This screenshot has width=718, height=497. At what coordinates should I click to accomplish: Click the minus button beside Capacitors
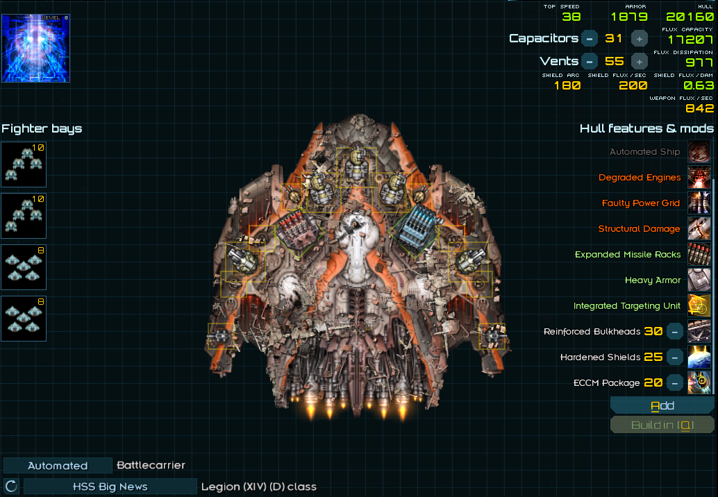pyautogui.click(x=590, y=38)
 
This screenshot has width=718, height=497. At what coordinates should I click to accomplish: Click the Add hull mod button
pyautogui.click(x=662, y=405)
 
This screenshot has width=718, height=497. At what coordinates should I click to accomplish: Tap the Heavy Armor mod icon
pyautogui.click(x=699, y=280)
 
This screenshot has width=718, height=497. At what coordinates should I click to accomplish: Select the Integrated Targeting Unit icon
pyautogui.click(x=699, y=306)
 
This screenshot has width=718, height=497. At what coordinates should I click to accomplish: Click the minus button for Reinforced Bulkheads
pyautogui.click(x=674, y=332)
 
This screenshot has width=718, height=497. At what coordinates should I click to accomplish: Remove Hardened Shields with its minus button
pyautogui.click(x=674, y=357)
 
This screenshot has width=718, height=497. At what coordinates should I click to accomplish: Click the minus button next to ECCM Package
pyautogui.click(x=674, y=383)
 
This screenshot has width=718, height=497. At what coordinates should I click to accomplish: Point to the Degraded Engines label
pyautogui.click(x=640, y=178)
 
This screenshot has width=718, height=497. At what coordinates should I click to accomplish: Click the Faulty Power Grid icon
pyautogui.click(x=699, y=203)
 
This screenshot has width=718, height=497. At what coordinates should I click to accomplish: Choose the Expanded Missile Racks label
pyautogui.click(x=628, y=255)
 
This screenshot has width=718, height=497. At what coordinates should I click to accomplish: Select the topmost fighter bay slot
pyautogui.click(x=24, y=165)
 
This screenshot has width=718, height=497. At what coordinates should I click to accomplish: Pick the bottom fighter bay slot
pyautogui.click(x=24, y=319)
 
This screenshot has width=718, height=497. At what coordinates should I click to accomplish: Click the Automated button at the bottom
pyautogui.click(x=58, y=466)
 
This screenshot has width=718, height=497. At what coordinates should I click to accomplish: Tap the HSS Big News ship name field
pyautogui.click(x=110, y=487)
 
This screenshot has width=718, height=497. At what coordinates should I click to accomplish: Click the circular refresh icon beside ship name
pyautogui.click(x=11, y=486)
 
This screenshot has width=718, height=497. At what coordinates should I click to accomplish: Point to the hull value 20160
pyautogui.click(x=689, y=17)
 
